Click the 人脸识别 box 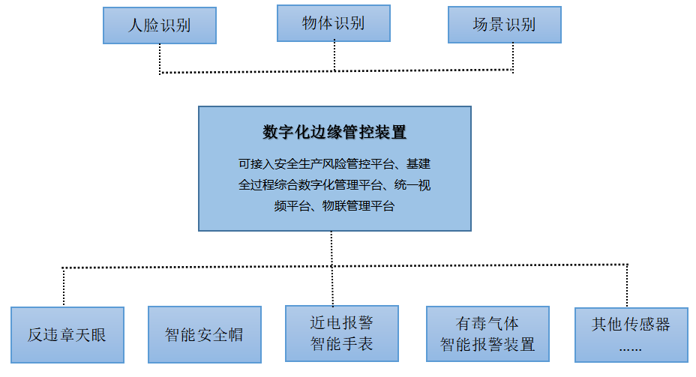[159, 25]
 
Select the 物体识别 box [333, 23]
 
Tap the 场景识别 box [504, 25]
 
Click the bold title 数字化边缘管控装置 [334, 133]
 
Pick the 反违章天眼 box [67, 334]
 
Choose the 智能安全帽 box [204, 334]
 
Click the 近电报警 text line [341, 323]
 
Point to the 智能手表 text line [341, 344]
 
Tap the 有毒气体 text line [487, 324]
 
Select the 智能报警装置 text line [487, 345]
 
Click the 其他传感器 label [630, 325]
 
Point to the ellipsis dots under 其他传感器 [630, 348]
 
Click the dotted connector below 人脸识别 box [160, 58]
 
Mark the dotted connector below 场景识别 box [514, 58]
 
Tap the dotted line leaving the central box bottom [331, 247]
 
